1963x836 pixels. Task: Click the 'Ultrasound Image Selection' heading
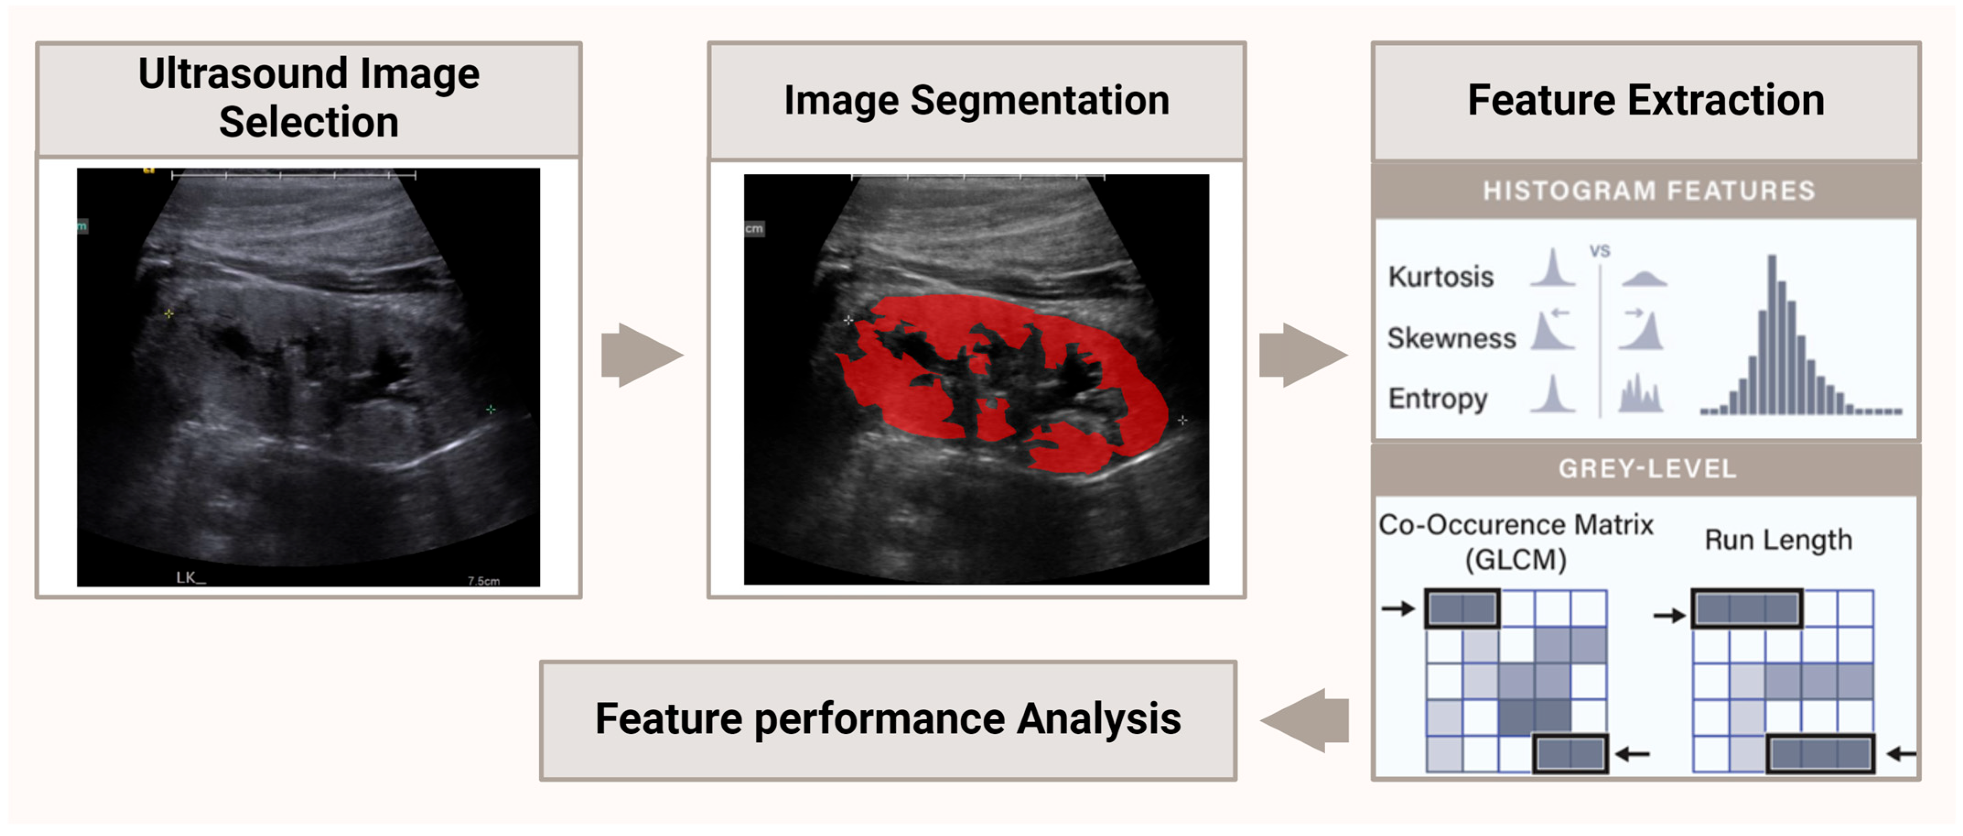click(309, 97)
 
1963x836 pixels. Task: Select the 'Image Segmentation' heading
click(976, 100)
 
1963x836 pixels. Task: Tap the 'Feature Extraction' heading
click(1646, 100)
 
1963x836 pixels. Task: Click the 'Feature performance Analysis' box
click(888, 719)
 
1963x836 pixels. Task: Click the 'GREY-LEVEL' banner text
click(1647, 468)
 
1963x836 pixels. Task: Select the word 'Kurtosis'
click(1440, 277)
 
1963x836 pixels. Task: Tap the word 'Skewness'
click(1451, 338)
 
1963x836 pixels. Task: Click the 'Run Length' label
click(1778, 539)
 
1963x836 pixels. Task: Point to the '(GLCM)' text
click(1516, 560)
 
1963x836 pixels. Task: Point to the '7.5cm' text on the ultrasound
click(483, 581)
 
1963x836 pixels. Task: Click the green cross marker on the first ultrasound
click(491, 409)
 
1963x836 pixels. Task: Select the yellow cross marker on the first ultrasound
click(169, 313)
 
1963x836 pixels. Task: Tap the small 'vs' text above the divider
click(1599, 250)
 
